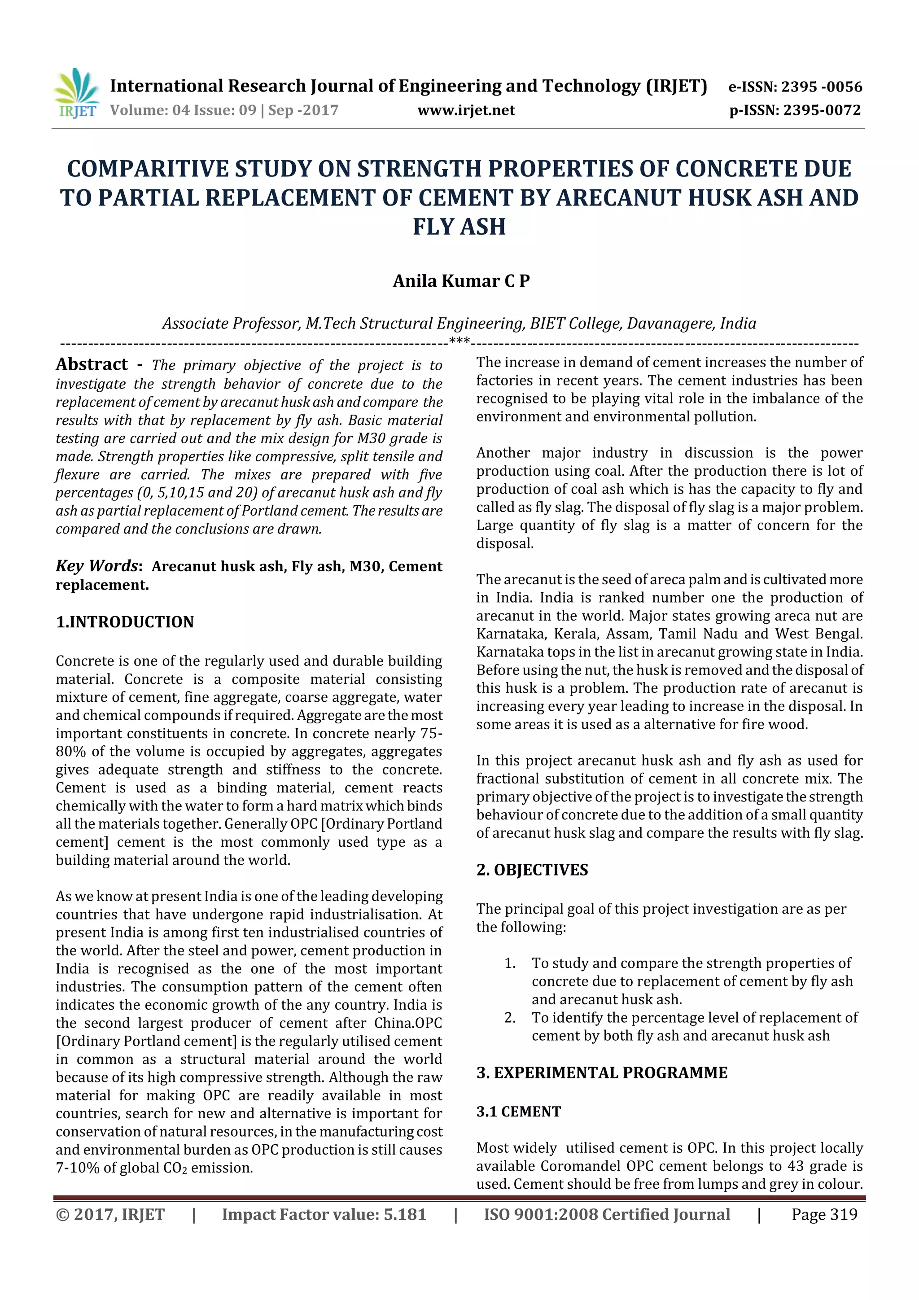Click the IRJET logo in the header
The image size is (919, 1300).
pyautogui.click(x=76, y=93)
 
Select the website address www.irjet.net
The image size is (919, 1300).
pyautogui.click(x=466, y=110)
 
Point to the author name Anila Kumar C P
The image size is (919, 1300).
pyautogui.click(x=461, y=281)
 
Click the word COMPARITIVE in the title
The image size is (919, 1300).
pyautogui.click(x=147, y=169)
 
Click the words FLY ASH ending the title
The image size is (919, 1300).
pyautogui.click(x=459, y=227)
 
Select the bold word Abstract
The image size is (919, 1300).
pyautogui.click(x=92, y=364)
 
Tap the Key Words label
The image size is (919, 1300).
pyautogui.click(x=97, y=565)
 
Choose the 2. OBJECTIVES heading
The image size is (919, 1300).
pyautogui.click(x=532, y=870)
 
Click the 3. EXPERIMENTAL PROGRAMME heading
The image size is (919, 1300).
pyautogui.click(x=601, y=1072)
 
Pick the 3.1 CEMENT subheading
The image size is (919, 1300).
pyautogui.click(x=518, y=1112)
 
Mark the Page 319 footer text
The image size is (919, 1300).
pyautogui.click(x=824, y=1214)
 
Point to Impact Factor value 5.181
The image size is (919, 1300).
pyautogui.click(x=324, y=1214)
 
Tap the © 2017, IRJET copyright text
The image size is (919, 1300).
pyautogui.click(x=110, y=1214)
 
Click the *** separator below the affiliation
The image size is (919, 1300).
pyautogui.click(x=459, y=341)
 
